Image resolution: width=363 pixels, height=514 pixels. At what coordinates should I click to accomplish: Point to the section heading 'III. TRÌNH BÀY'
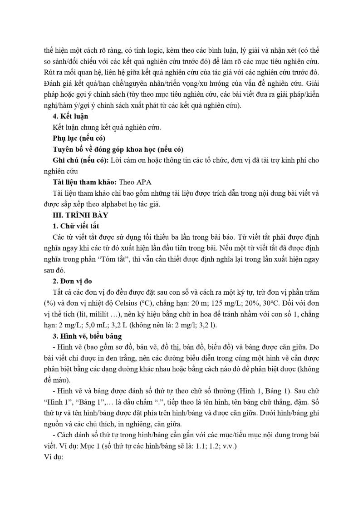coord(80,215)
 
